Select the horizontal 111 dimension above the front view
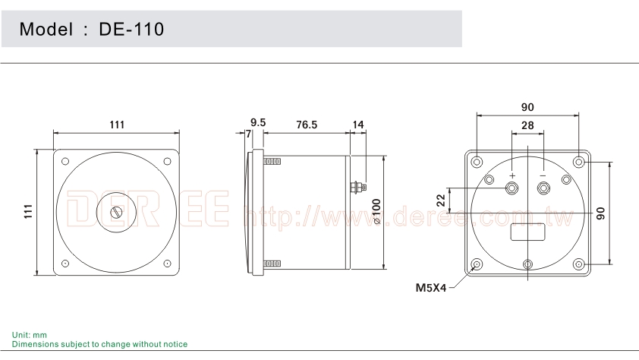coord(116,124)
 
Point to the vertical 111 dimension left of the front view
coord(28,212)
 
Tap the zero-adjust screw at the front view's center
coord(116,213)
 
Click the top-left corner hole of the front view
coord(65,161)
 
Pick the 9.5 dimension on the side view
coord(258,122)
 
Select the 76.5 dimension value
coord(306,123)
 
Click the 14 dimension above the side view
coord(358,123)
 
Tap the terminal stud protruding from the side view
coord(357,185)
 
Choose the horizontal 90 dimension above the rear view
coord(527,107)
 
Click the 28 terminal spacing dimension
coord(527,125)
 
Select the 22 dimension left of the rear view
coord(440,200)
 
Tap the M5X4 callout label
coord(430,288)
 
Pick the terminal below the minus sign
coord(543,188)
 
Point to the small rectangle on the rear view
coord(527,232)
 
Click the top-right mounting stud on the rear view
coord(579,162)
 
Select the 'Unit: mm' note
coord(30,335)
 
